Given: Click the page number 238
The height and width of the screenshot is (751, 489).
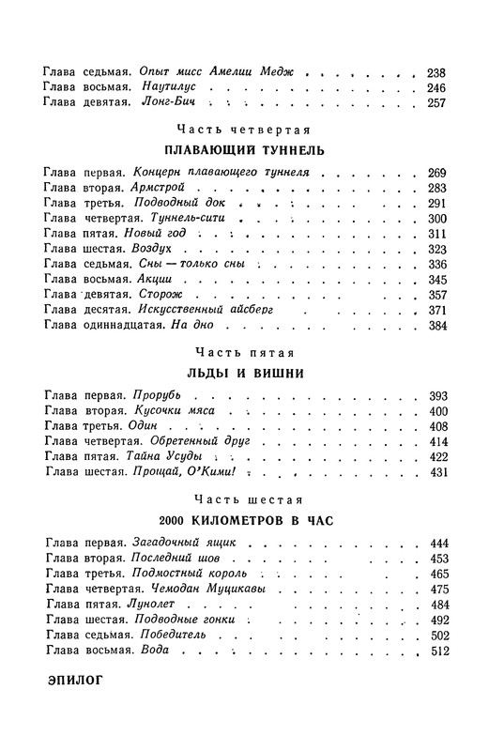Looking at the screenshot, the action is pos(436,72).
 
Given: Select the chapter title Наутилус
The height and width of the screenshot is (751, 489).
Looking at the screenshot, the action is pos(167,88).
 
